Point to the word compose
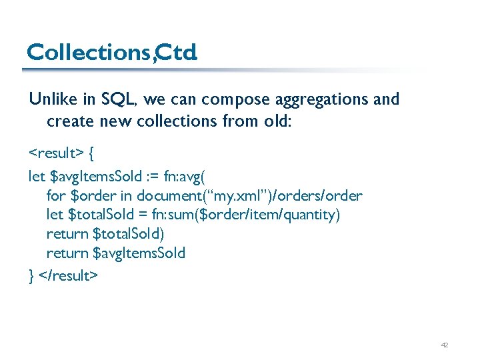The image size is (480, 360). (229, 99)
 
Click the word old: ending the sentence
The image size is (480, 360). (278, 122)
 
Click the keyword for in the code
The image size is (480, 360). (56, 196)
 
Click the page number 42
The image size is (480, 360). (445, 345)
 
